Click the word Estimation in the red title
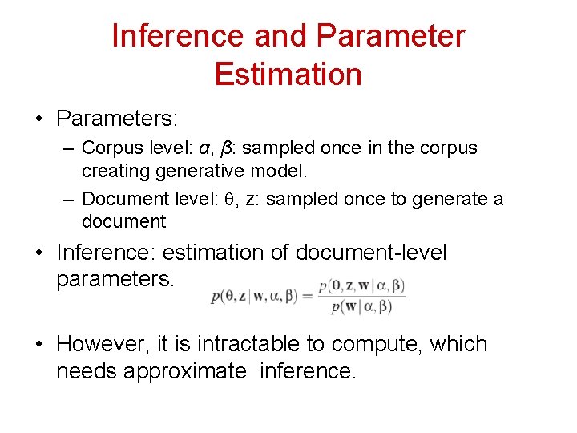[288, 75]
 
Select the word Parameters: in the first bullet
[117, 119]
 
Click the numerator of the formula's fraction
[361, 285]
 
